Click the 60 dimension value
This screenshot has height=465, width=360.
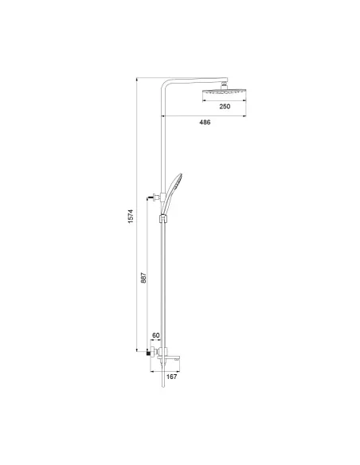pos(156,336)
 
